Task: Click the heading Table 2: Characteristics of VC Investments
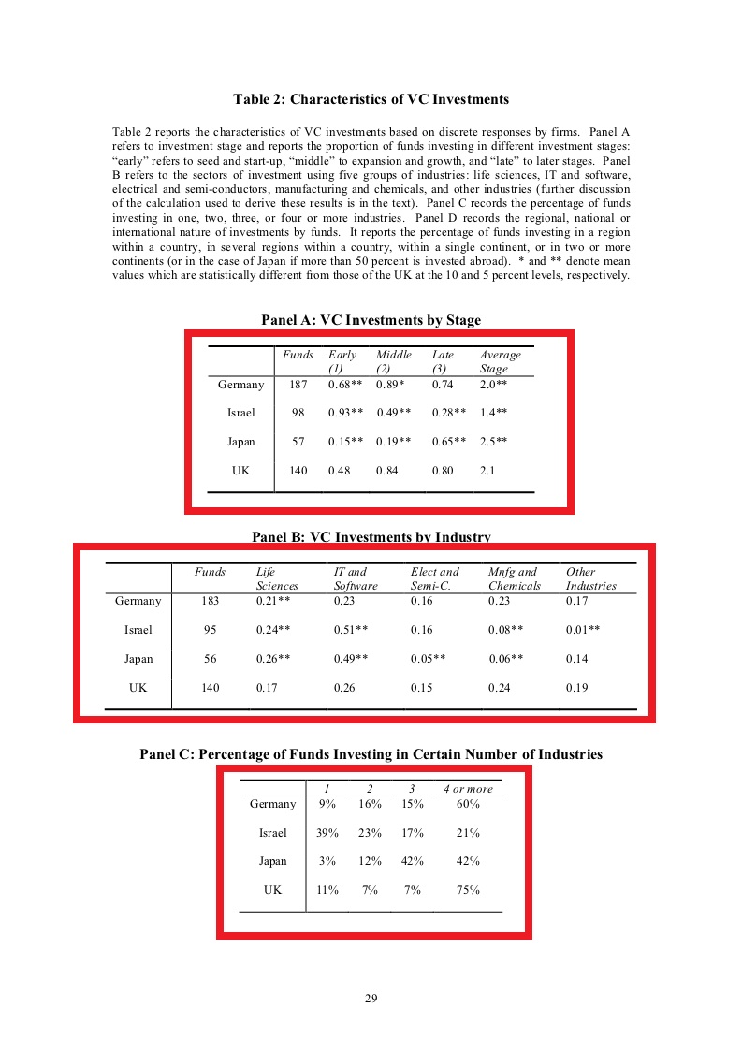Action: (x=371, y=99)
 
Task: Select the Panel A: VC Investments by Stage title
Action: (x=371, y=320)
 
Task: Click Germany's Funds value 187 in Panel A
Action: (x=298, y=385)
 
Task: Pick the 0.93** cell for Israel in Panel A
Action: (x=345, y=413)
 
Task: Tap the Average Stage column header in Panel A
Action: (x=500, y=361)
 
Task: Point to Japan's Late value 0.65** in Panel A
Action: (x=449, y=442)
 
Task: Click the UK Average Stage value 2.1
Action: (x=487, y=471)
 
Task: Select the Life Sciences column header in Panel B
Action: (x=277, y=578)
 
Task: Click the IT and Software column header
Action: (x=356, y=578)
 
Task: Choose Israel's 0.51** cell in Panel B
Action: (x=351, y=630)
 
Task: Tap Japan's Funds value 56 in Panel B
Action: (x=210, y=659)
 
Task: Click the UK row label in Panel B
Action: (x=138, y=688)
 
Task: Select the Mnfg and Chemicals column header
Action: (x=514, y=578)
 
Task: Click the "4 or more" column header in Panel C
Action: (x=468, y=789)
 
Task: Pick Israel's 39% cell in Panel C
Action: (x=327, y=833)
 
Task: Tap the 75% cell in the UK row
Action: (x=468, y=890)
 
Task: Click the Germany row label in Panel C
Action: (x=272, y=804)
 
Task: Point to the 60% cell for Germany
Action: (x=468, y=804)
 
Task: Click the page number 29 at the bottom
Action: (x=371, y=999)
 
